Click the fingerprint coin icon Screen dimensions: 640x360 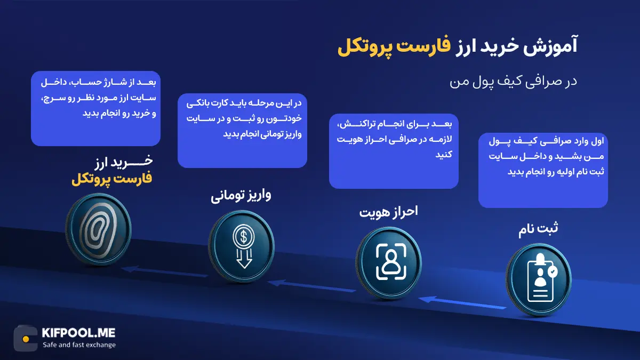(x=99, y=229)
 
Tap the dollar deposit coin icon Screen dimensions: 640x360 (x=242, y=246)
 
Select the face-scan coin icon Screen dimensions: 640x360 (x=389, y=263)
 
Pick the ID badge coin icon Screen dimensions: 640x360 (x=539, y=279)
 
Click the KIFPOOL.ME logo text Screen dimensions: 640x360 (x=78, y=333)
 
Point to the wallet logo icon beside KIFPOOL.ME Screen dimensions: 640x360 (x=26, y=339)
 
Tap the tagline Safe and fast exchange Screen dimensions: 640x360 (x=79, y=345)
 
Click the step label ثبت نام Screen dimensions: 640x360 (x=538, y=229)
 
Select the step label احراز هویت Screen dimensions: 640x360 (x=389, y=212)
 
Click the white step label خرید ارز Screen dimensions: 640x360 (x=123, y=162)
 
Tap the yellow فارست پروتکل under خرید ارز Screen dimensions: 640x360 (x=111, y=179)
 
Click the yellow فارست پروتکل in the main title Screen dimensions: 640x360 (x=394, y=47)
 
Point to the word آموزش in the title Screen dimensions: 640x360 (x=550, y=46)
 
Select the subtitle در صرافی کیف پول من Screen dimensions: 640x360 (x=514, y=82)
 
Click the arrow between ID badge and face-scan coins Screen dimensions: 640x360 (x=462, y=303)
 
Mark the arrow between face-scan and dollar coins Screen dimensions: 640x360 (x=311, y=286)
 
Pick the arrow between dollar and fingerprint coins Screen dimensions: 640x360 (x=164, y=272)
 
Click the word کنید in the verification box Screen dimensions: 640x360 (x=444, y=155)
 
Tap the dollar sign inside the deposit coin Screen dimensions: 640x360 (x=244, y=237)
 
